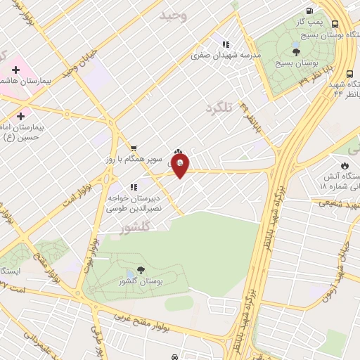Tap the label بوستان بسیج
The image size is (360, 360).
pos(292,63)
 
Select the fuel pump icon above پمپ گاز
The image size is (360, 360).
pos(310,10)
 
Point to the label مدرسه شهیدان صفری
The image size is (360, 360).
pos(231,55)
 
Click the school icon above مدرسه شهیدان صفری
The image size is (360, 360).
pos(226,44)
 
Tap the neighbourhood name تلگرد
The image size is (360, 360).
pos(218,109)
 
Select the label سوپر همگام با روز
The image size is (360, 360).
pos(136,160)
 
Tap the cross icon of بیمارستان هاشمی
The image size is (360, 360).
pos(15,70)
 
